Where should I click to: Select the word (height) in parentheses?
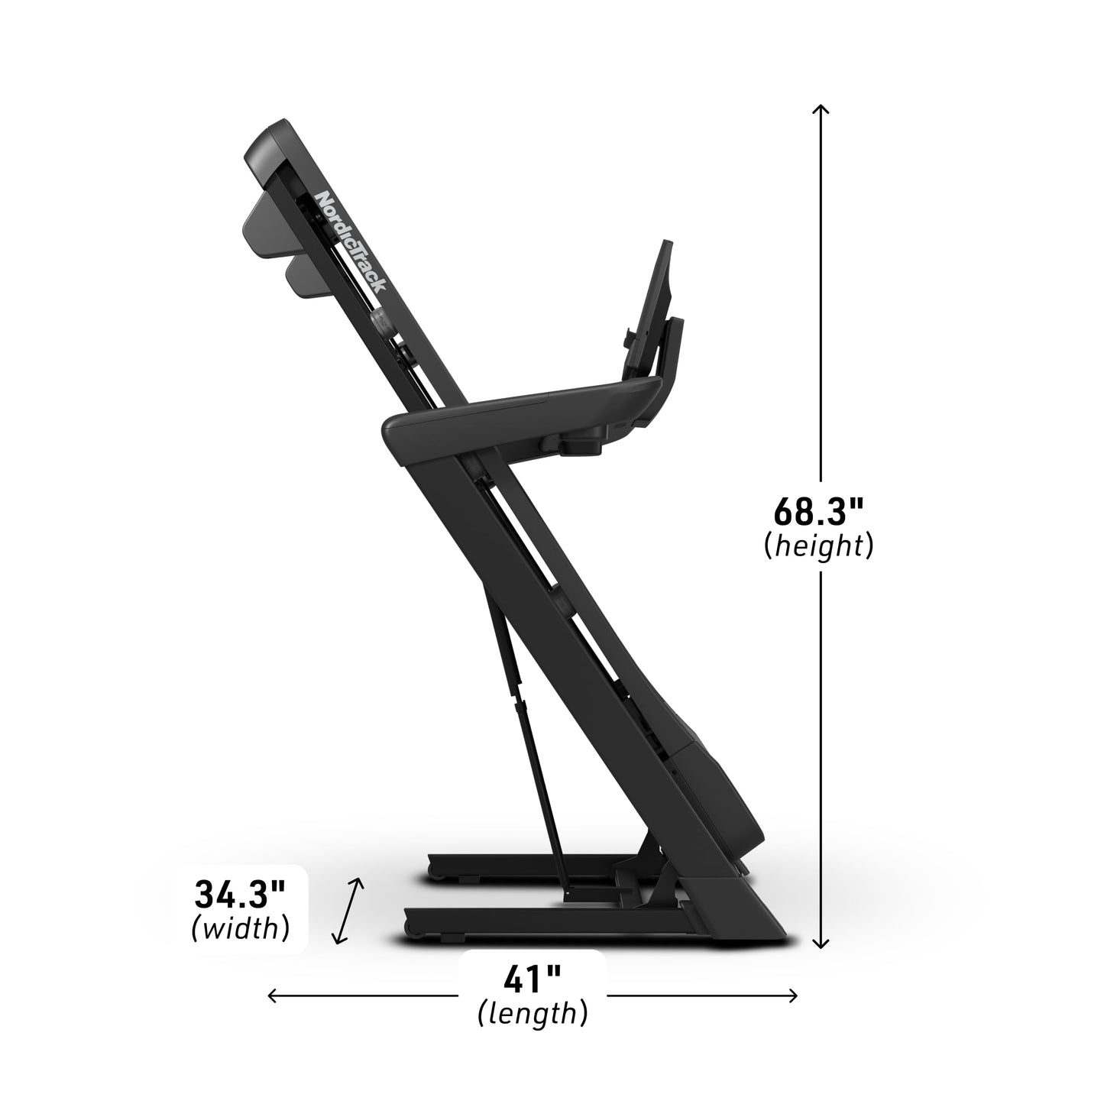coord(818,546)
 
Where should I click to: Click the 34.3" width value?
coord(240,892)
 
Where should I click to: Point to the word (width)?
coord(240,928)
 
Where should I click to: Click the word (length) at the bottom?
coord(533,1014)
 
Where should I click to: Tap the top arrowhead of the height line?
coord(821,108)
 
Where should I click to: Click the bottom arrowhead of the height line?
coord(821,944)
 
